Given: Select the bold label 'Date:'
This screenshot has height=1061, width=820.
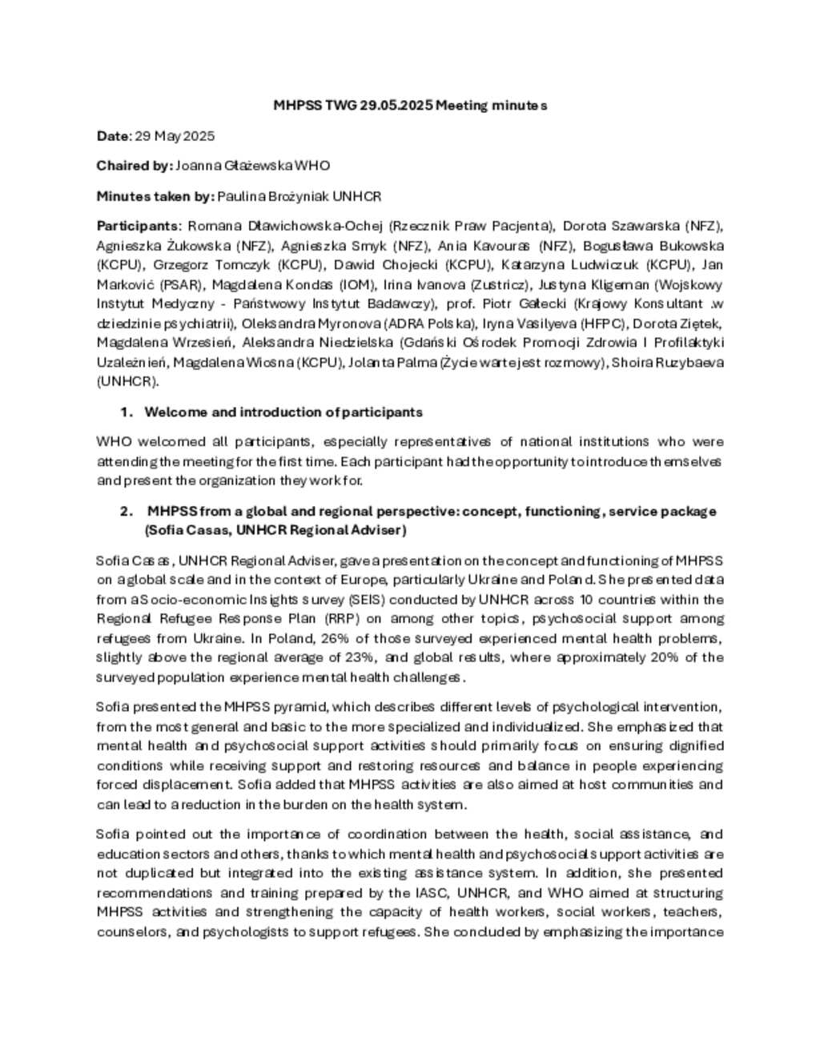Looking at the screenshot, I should point(114,136).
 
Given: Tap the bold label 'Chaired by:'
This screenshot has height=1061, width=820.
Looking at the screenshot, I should point(134,166).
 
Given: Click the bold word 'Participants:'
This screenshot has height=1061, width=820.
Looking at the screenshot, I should point(139,226).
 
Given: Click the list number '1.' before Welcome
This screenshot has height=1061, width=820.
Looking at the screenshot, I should point(127,412).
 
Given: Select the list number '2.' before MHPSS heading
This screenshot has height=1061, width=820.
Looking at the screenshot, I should point(127,511).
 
